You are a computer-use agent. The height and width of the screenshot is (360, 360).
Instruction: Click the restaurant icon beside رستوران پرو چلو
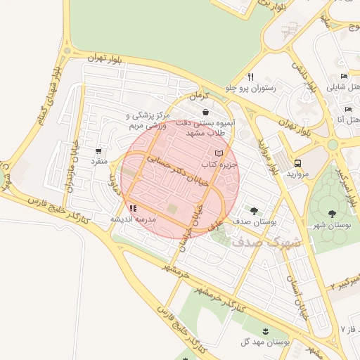point(250,77)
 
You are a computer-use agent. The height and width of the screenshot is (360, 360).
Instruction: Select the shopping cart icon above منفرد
point(98,150)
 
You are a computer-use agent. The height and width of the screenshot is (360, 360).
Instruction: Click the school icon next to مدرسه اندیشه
point(133,208)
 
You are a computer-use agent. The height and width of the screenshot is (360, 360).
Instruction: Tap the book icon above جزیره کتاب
point(218,153)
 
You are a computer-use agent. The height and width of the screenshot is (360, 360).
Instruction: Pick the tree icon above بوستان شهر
point(332,213)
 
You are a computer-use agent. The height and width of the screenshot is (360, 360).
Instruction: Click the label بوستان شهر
point(331,225)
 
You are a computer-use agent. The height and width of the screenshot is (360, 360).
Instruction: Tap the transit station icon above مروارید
point(298,162)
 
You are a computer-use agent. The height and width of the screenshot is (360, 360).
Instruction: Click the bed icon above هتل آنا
point(347,109)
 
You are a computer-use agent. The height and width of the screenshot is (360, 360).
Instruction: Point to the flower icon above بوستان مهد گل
point(265,330)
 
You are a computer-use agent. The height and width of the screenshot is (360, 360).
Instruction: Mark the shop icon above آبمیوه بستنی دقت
point(205,112)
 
